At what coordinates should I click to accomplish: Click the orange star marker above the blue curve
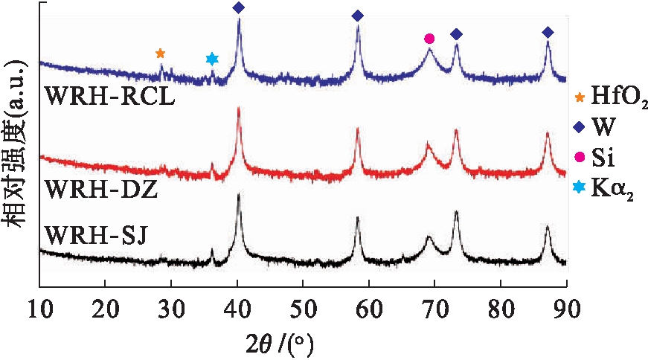tap(160, 54)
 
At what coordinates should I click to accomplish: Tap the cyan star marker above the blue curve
tap(212, 59)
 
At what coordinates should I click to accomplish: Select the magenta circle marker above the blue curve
tap(429, 39)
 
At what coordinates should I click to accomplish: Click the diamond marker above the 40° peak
tap(238, 8)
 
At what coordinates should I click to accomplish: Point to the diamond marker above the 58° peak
tap(357, 16)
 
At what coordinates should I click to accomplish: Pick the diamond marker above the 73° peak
tap(456, 34)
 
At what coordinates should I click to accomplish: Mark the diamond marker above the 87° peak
tap(548, 32)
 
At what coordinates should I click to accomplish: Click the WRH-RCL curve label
tap(109, 97)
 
